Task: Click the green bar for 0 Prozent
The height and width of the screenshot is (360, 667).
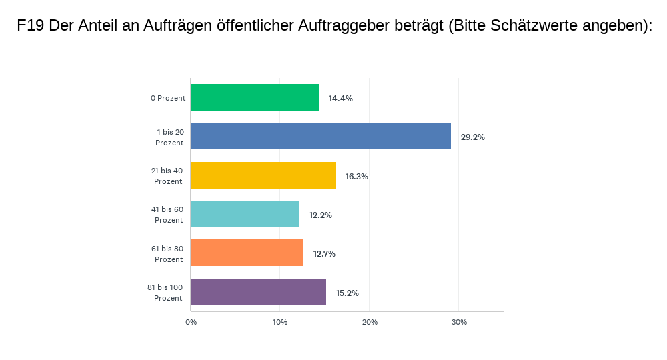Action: (x=255, y=97)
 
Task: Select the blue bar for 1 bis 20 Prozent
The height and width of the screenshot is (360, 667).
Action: (x=321, y=136)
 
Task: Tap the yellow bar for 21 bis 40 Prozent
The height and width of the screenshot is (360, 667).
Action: (x=263, y=175)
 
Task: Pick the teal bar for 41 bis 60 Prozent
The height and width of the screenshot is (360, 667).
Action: (x=245, y=214)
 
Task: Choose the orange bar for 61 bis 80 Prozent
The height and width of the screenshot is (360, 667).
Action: (x=247, y=253)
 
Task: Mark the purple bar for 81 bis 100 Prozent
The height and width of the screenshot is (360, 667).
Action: (x=258, y=292)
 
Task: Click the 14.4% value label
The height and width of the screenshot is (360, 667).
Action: (x=340, y=98)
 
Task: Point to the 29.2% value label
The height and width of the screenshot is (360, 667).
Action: (x=472, y=137)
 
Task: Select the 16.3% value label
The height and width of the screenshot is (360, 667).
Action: (x=356, y=177)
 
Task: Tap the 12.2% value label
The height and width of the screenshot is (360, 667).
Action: (x=320, y=215)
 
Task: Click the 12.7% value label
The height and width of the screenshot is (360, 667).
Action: (x=324, y=254)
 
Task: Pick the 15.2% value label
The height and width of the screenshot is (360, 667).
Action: (x=347, y=293)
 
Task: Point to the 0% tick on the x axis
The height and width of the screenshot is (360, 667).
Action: (x=191, y=323)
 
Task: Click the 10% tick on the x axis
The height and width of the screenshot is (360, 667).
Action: (x=280, y=323)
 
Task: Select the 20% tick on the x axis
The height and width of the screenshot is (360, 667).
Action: (x=370, y=323)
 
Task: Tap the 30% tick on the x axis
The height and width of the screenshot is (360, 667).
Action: (x=459, y=323)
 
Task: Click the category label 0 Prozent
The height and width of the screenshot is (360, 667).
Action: (x=168, y=98)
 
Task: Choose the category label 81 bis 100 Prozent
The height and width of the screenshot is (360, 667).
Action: (x=165, y=293)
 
